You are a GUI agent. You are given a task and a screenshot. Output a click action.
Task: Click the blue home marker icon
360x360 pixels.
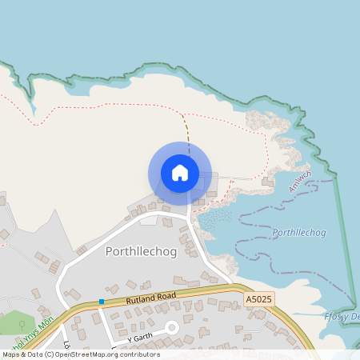[179, 172]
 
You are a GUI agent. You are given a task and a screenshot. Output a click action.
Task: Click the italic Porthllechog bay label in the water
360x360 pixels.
[299, 233]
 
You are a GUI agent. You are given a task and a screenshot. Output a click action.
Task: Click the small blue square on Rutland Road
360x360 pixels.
[102, 302]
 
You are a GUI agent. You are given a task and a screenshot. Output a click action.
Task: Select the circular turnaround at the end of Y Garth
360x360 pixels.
[170, 327]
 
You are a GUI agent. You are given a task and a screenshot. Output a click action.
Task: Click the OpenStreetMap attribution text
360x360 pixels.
[80, 354]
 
